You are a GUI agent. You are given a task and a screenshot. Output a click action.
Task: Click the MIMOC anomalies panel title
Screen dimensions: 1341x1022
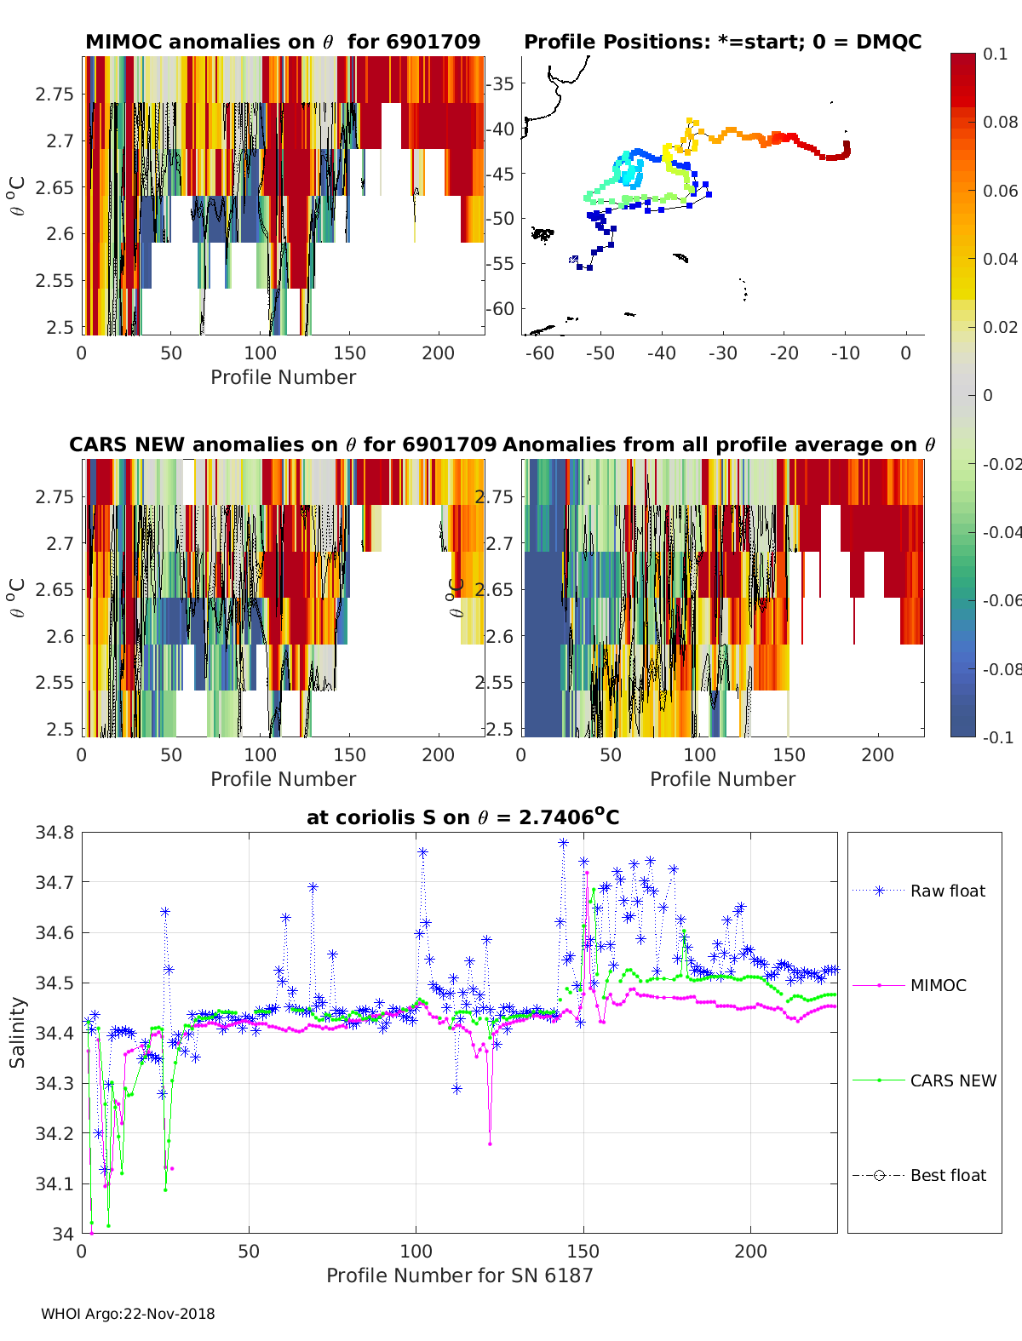tap(283, 43)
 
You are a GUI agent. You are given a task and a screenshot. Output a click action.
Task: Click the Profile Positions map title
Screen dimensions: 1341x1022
tap(722, 43)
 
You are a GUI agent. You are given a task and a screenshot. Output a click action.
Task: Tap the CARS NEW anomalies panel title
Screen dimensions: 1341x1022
tap(283, 444)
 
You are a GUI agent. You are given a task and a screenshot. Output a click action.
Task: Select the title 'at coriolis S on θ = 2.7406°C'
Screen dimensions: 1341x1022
tap(462, 817)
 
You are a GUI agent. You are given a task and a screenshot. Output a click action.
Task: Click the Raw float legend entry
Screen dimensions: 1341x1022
tap(947, 891)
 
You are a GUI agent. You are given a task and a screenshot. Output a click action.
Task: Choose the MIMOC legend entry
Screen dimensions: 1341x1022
tap(938, 985)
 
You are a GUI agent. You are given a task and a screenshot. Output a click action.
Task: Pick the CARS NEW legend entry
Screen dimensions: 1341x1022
tap(952, 1080)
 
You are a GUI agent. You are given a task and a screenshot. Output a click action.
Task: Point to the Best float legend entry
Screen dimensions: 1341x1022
tap(947, 1175)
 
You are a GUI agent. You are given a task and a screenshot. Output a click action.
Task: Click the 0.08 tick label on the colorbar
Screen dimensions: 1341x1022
tap(1000, 122)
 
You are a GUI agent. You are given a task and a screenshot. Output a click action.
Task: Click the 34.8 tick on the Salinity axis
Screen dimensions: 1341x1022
tap(55, 833)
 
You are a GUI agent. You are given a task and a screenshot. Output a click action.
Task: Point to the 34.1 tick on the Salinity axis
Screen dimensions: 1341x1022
tap(55, 1183)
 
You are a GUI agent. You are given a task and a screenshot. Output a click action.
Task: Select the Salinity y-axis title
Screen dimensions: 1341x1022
tap(18, 1032)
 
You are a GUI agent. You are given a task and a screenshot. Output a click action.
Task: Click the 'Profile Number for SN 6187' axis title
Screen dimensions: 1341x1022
tap(459, 1275)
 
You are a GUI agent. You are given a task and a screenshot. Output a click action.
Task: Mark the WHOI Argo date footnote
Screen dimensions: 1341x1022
tap(128, 1314)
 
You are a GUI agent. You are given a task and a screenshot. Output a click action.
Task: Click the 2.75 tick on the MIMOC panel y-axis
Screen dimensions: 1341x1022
tap(55, 94)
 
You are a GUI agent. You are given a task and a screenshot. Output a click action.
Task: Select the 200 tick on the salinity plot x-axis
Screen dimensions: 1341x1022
tap(750, 1251)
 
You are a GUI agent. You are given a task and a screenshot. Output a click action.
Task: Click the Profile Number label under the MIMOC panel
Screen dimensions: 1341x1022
tap(283, 377)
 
